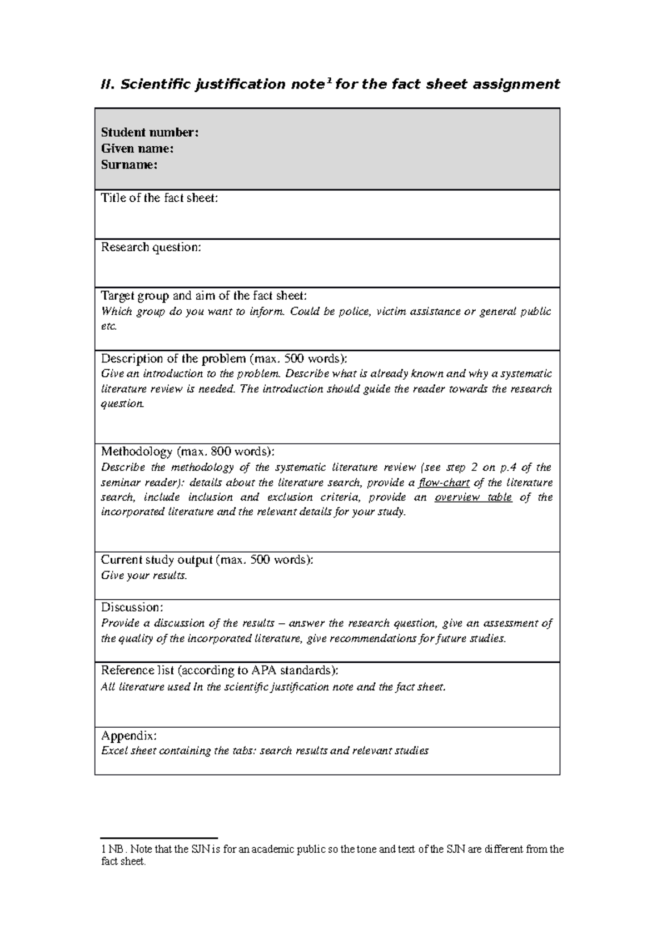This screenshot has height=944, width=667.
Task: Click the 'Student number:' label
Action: click(x=150, y=132)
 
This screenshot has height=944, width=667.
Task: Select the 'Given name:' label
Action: click(x=137, y=148)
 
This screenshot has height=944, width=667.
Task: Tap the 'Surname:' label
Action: click(x=129, y=165)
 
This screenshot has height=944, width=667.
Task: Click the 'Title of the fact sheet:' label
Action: click(x=160, y=198)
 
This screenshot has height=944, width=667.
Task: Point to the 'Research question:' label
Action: click(x=151, y=247)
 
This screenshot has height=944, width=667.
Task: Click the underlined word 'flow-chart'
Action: click(x=444, y=483)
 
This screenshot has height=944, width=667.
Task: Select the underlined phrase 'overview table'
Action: click(x=473, y=498)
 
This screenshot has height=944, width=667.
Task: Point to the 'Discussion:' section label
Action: click(x=132, y=607)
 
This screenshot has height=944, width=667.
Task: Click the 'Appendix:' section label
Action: click(x=129, y=736)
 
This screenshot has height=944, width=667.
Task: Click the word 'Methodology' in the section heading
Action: click(x=137, y=451)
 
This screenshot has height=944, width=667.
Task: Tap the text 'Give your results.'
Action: click(x=144, y=576)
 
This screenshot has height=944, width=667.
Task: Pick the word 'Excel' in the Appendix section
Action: click(x=114, y=751)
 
